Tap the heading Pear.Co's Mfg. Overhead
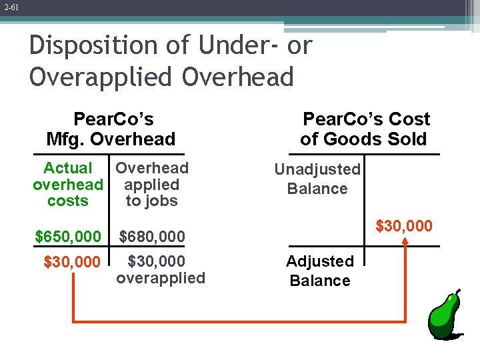coord(111,129)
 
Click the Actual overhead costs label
coord(68,185)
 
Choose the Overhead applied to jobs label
coord(152,185)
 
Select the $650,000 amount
coord(68,236)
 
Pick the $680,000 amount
coord(151,236)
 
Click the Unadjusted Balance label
coord(317,179)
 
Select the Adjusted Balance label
coord(320,271)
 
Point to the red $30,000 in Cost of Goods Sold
coord(404,227)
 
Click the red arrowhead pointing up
coord(405,243)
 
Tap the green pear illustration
coord(443,317)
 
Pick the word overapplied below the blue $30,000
coord(161,278)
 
